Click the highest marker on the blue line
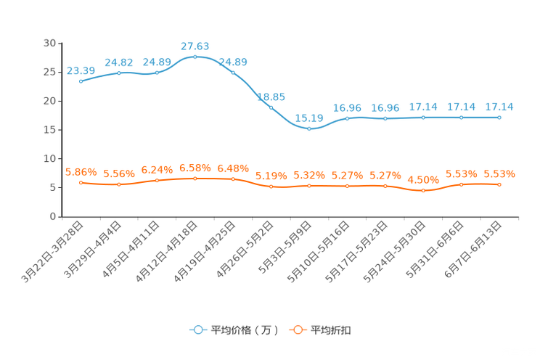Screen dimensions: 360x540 [x=195, y=57]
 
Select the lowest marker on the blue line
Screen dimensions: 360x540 [x=309, y=129]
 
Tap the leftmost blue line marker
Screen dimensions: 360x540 [x=81, y=81]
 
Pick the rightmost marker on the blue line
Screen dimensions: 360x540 [x=499, y=118]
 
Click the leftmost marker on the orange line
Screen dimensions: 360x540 [x=81, y=183]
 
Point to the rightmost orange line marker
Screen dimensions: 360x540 [x=499, y=185]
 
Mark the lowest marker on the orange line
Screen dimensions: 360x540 [x=423, y=191]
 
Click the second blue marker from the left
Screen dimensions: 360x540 [x=119, y=73]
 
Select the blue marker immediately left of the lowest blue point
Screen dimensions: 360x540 [x=271, y=107]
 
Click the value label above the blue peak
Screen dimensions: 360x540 [x=195, y=46]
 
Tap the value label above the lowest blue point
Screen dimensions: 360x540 [x=309, y=118]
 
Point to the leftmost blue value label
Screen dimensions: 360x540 [x=81, y=70]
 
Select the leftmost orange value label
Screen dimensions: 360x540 [x=81, y=172]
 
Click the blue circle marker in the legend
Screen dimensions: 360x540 [x=197, y=330]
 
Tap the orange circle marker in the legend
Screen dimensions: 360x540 [x=296, y=330]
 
